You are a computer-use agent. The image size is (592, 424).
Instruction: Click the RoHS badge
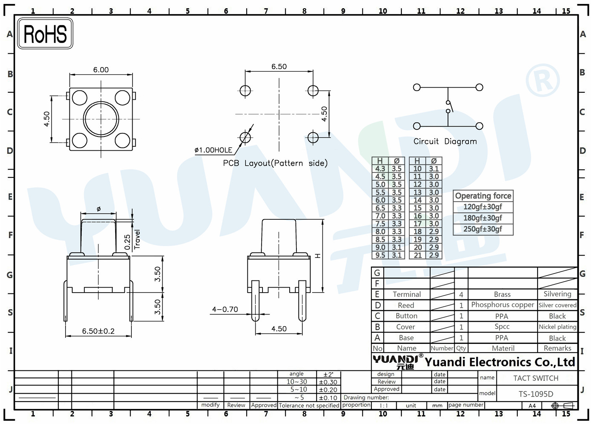[x=45, y=34]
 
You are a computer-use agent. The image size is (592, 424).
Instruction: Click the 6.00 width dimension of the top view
[x=101, y=70]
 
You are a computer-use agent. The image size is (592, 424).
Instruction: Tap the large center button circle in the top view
[x=101, y=119]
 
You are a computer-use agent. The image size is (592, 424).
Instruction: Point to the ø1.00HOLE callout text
[x=213, y=150]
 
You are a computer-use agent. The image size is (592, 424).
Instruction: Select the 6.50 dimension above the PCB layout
[x=279, y=67]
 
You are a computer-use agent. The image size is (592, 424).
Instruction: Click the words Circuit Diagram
[x=445, y=141]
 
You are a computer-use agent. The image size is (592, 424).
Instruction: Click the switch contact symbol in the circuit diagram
[x=449, y=107]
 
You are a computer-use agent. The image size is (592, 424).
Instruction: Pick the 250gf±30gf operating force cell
[x=483, y=229]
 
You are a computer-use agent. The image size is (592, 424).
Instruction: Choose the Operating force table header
[x=483, y=196]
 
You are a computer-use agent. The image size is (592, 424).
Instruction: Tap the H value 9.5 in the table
[x=380, y=255]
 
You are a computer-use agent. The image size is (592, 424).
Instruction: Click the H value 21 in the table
[x=418, y=255]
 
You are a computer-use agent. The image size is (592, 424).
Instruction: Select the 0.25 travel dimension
[x=127, y=242]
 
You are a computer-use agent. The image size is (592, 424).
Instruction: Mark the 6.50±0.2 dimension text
[x=98, y=331]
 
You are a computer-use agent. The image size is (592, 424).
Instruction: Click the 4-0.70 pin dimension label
[x=225, y=309]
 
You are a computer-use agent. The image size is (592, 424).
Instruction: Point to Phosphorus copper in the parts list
[x=502, y=305]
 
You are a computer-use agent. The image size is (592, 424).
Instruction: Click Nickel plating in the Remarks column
[x=557, y=327]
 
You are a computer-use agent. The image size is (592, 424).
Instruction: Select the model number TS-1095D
[x=536, y=394]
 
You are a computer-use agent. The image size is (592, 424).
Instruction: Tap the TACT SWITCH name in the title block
[x=536, y=378]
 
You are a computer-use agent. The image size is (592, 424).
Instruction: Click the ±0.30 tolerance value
[x=328, y=382]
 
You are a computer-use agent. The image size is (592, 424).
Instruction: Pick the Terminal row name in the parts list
[x=407, y=294]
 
